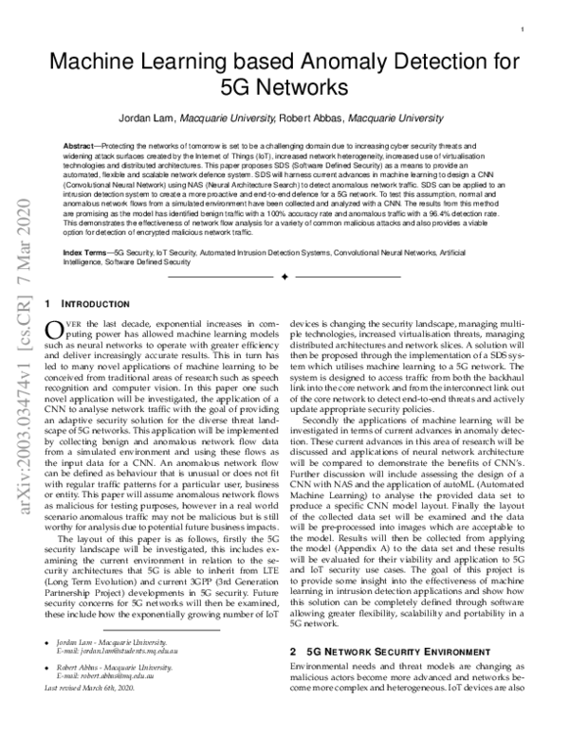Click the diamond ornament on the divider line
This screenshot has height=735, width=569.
pos(284,278)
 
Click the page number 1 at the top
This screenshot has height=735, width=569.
pos(523,30)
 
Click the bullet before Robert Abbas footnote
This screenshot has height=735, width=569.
pos(48,694)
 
